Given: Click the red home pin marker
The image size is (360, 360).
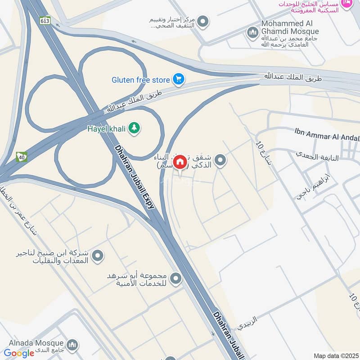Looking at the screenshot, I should [180, 162].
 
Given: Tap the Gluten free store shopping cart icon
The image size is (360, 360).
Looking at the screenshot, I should [179, 80].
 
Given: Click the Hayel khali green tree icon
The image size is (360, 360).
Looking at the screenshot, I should [134, 128].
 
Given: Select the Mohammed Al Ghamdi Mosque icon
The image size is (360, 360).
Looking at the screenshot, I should [252, 32].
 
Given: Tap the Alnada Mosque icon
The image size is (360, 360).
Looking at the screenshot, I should [73, 346].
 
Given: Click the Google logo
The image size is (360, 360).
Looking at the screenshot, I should [19, 353].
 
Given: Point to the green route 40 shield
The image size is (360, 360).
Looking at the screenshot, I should [21, 157].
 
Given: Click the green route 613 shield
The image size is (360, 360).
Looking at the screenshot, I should [45, 20].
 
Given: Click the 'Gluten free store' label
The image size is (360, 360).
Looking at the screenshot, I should [141, 80].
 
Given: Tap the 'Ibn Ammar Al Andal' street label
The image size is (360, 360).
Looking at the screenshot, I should [327, 134].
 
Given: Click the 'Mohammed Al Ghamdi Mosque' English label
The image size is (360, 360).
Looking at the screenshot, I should [290, 27].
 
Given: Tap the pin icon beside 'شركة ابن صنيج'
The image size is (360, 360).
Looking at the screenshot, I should [98, 256].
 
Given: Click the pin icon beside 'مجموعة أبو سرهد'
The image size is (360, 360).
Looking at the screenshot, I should [175, 279].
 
